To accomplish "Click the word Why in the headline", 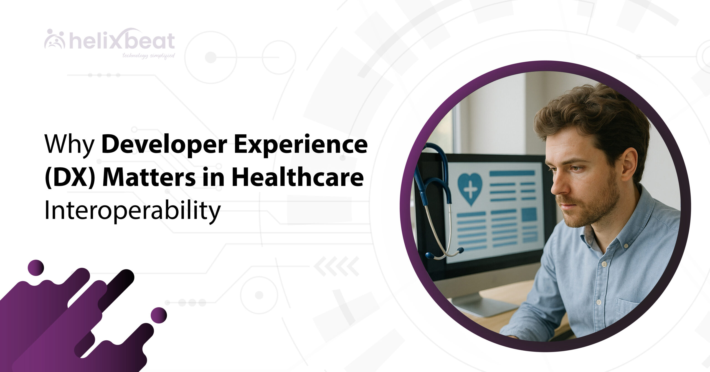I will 70,145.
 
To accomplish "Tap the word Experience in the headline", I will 301,145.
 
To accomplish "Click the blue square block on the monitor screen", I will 529,214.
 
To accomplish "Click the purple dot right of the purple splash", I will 159,315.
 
